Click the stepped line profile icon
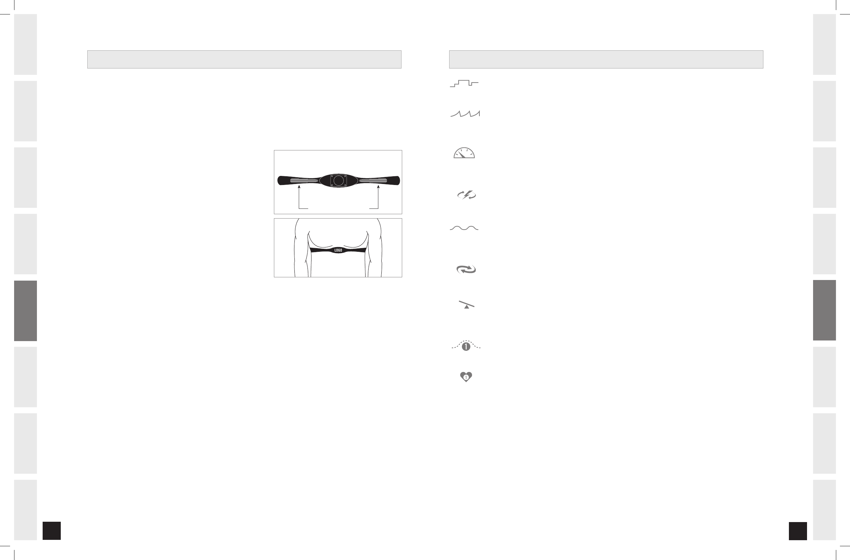(464, 83)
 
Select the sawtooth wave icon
(465, 114)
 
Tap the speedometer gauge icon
(464, 153)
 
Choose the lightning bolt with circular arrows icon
(466, 195)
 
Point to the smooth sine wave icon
(464, 228)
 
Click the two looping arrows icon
(466, 269)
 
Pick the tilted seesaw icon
(466, 304)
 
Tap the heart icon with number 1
(466, 377)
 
